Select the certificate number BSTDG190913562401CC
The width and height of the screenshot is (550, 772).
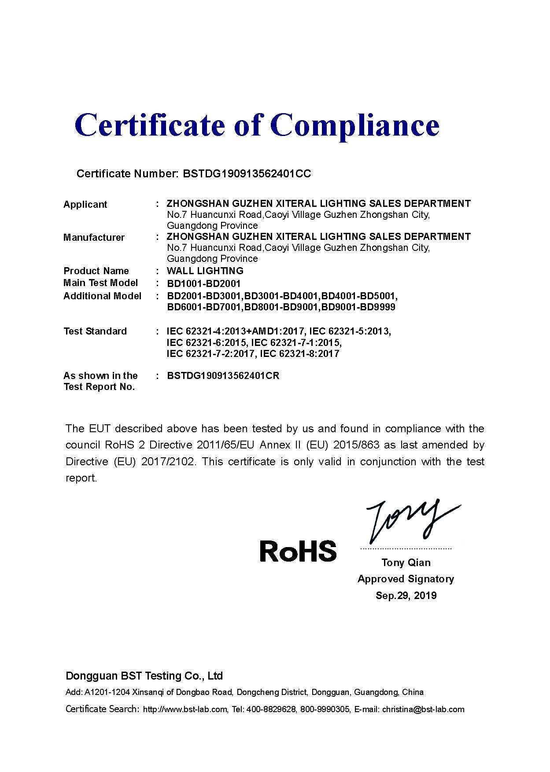pos(247,174)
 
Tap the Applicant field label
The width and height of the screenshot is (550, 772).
pos(85,204)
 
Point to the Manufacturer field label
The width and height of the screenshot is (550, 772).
pos(94,238)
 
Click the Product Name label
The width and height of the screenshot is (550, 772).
pos(96,271)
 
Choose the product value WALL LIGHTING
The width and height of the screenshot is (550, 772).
pos(205,271)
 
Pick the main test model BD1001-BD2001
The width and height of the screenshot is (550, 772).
pos(203,283)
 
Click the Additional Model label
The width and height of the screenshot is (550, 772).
pos(102,296)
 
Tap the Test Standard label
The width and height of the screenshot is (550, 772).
pos(95,331)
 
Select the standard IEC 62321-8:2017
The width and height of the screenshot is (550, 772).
pos(299,353)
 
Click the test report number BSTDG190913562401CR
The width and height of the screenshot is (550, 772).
pos(223,376)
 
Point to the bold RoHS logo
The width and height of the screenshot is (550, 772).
pos(298,551)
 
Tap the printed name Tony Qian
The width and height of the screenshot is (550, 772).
pos(406,562)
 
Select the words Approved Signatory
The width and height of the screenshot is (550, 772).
pos(406,579)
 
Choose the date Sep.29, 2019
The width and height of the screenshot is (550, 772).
pos(406,596)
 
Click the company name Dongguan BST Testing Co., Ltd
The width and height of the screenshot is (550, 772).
pos(144,676)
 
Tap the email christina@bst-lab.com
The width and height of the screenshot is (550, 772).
pos(423,709)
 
